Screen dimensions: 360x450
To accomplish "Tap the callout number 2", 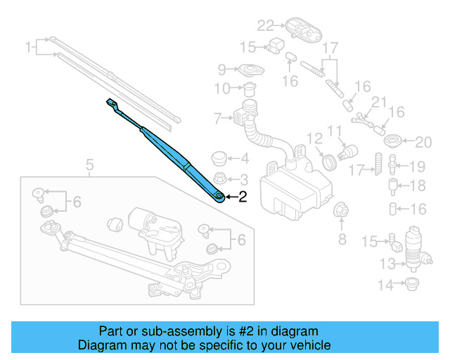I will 243,198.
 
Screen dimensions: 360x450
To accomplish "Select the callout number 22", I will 264,26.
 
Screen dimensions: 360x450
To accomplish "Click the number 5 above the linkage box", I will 89,166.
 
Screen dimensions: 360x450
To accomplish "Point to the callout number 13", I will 387,264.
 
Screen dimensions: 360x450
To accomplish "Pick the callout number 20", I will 422,143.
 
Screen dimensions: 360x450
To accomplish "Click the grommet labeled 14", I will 410,284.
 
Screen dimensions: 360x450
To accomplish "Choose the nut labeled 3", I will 219,179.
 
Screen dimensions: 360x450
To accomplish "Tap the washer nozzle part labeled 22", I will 301,30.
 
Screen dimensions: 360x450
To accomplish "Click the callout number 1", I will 29,48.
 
